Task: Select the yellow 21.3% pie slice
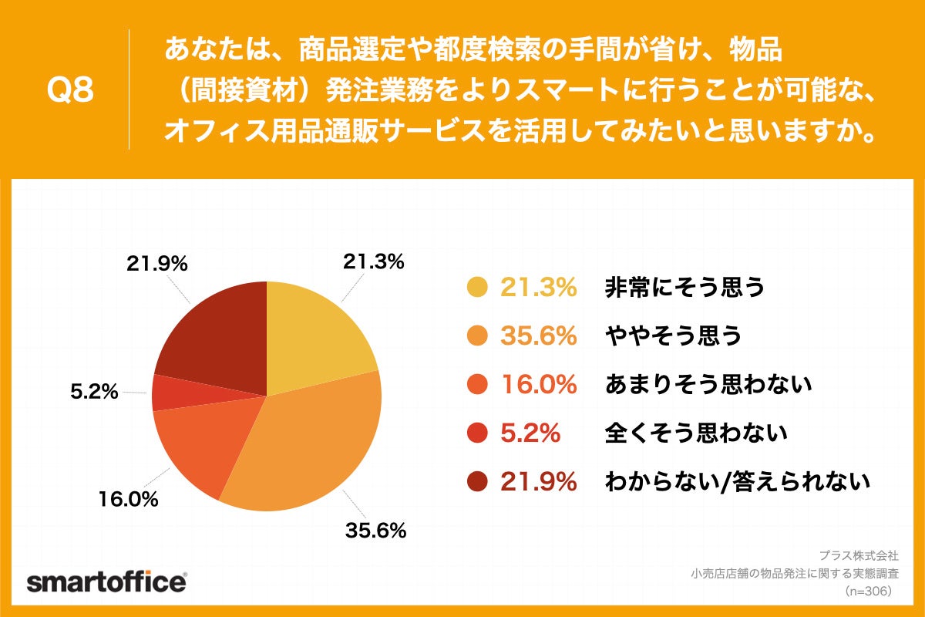pyautogui.click(x=316, y=339)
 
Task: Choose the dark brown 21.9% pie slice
pyautogui.click(x=216, y=339)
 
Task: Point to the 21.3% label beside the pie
pyautogui.click(x=373, y=262)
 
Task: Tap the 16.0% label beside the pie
pyautogui.click(x=128, y=500)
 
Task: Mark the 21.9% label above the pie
pyautogui.click(x=157, y=264)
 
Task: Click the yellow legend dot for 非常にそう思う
pyautogui.click(x=477, y=287)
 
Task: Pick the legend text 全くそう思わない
pyautogui.click(x=695, y=433)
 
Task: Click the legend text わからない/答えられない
pyautogui.click(x=738, y=482)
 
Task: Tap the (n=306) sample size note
pyautogui.click(x=867, y=591)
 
